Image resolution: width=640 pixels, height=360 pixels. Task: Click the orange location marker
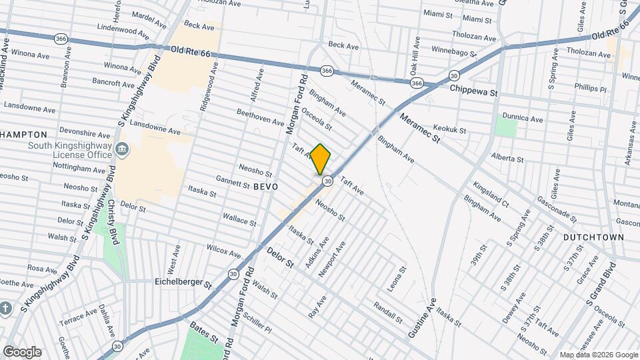pyautogui.click(x=321, y=159)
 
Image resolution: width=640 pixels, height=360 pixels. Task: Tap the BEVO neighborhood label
pyautogui.click(x=265, y=187)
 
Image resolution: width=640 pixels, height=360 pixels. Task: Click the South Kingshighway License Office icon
pyautogui.click(x=122, y=149)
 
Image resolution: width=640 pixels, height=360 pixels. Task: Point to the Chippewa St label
pyautogui.click(x=473, y=91)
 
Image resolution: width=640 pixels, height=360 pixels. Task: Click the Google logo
pyautogui.click(x=22, y=352)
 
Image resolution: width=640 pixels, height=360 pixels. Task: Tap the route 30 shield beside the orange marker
pyautogui.click(x=328, y=181)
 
